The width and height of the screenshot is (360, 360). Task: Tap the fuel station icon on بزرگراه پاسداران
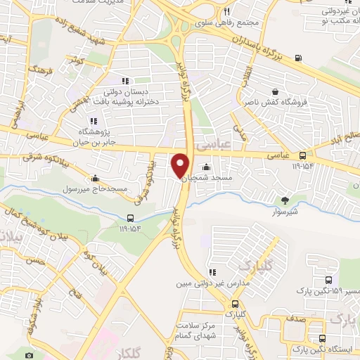300,58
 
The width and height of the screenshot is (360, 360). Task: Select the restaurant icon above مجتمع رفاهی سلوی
226,12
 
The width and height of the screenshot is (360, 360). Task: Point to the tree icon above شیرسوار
285,200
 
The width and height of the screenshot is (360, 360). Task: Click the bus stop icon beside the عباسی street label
302,155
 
